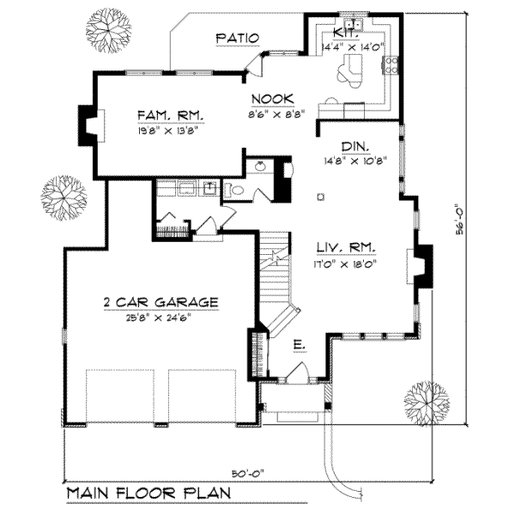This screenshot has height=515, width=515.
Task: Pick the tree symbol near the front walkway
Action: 427,401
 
